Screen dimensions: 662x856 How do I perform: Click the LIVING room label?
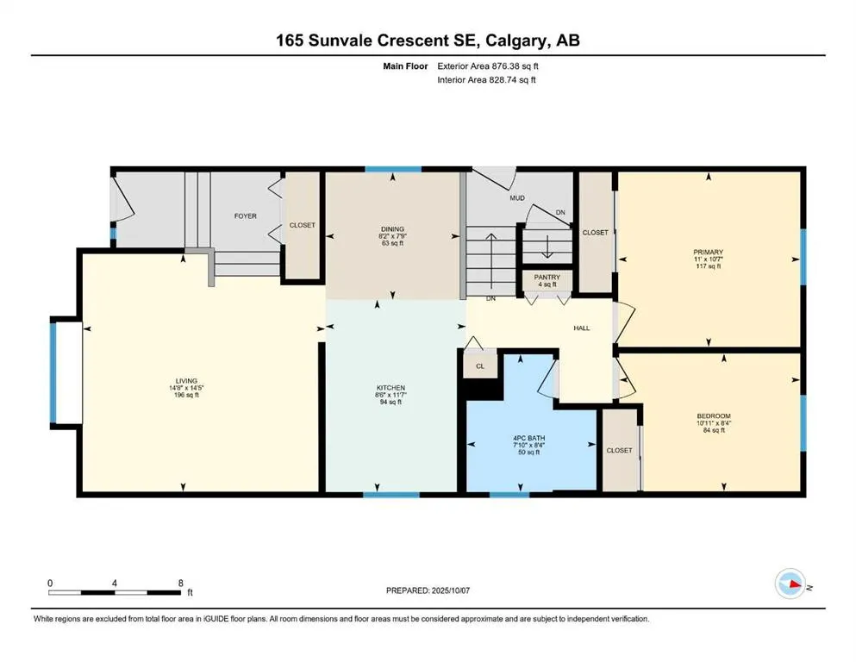[x=187, y=380]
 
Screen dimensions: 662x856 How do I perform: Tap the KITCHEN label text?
[x=391, y=388]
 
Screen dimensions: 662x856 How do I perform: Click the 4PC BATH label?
[x=530, y=439]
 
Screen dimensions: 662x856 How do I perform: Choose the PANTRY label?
[x=547, y=278]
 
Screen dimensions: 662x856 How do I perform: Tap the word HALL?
[x=582, y=328]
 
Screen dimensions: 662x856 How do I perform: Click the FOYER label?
[x=246, y=216]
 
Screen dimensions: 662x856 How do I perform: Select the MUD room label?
[x=517, y=198]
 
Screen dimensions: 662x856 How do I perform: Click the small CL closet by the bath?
[x=481, y=366]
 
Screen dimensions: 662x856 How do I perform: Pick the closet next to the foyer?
[x=302, y=225]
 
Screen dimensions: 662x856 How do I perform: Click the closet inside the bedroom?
[x=618, y=450]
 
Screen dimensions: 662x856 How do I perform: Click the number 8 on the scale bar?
[x=179, y=584]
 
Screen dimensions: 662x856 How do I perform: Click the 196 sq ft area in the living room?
[x=187, y=396]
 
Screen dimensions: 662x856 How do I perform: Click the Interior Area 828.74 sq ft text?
[x=487, y=80]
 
